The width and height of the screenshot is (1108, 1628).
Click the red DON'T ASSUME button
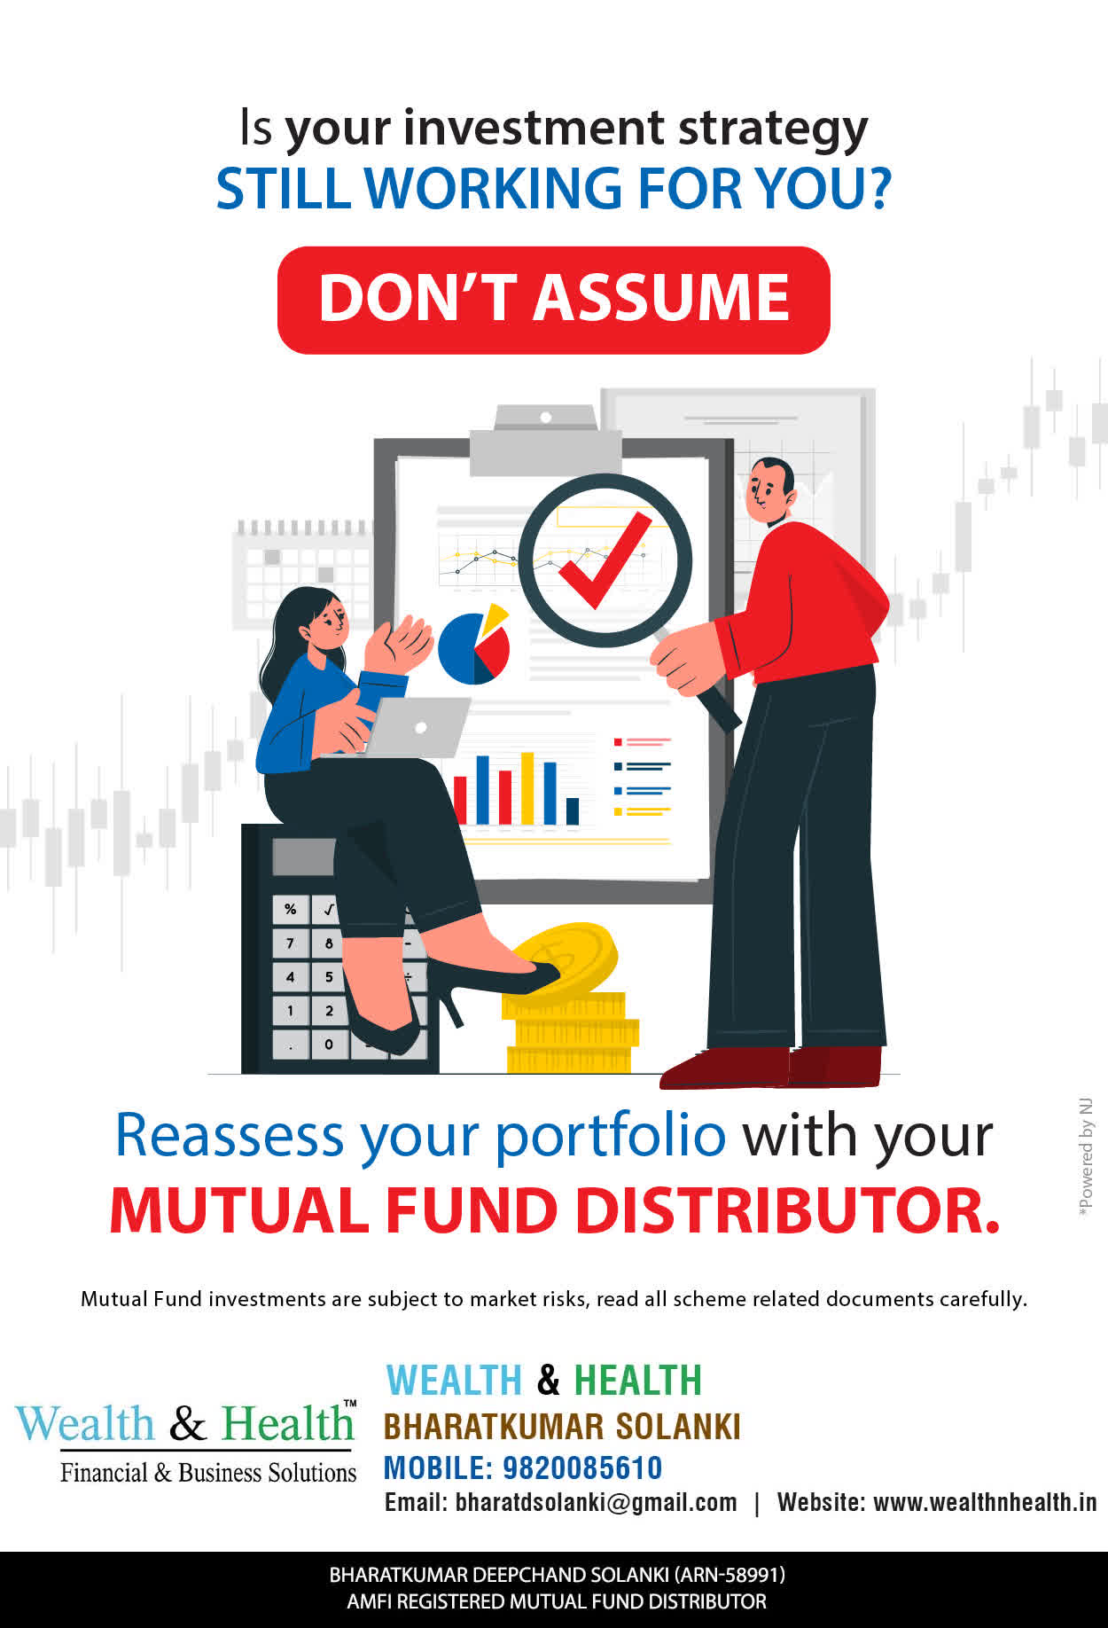(554, 300)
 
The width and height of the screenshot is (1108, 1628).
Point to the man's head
(769, 492)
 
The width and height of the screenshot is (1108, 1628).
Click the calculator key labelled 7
(290, 943)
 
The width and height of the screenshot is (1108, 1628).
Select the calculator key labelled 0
(328, 1044)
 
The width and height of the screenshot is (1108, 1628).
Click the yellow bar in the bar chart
(527, 788)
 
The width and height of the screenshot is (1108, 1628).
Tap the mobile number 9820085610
(582, 1468)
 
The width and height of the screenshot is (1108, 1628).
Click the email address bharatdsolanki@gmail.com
(596, 1503)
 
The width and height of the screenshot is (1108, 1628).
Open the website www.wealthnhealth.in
(985, 1503)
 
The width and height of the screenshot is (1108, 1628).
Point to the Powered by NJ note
(1086, 1158)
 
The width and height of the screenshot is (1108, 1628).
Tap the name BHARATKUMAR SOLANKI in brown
(562, 1427)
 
